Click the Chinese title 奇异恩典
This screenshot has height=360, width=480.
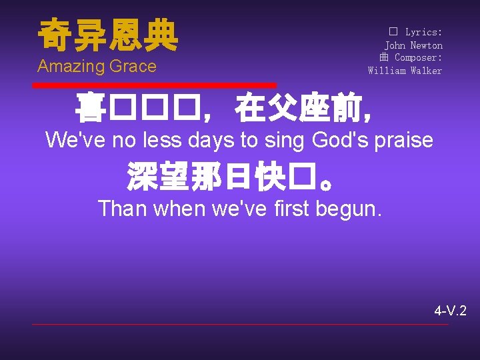click(108, 35)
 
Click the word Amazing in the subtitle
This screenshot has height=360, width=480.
click(68, 67)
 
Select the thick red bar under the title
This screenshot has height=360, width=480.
click(154, 85)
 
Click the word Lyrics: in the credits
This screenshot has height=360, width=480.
click(423, 32)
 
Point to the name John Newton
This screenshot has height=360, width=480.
click(413, 45)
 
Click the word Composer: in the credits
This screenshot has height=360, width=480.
click(419, 58)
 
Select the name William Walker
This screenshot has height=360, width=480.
click(405, 71)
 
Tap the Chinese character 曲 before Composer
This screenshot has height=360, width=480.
click(384, 58)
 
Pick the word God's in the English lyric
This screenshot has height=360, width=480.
click(341, 141)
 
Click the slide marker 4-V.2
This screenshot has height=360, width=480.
click(450, 311)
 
